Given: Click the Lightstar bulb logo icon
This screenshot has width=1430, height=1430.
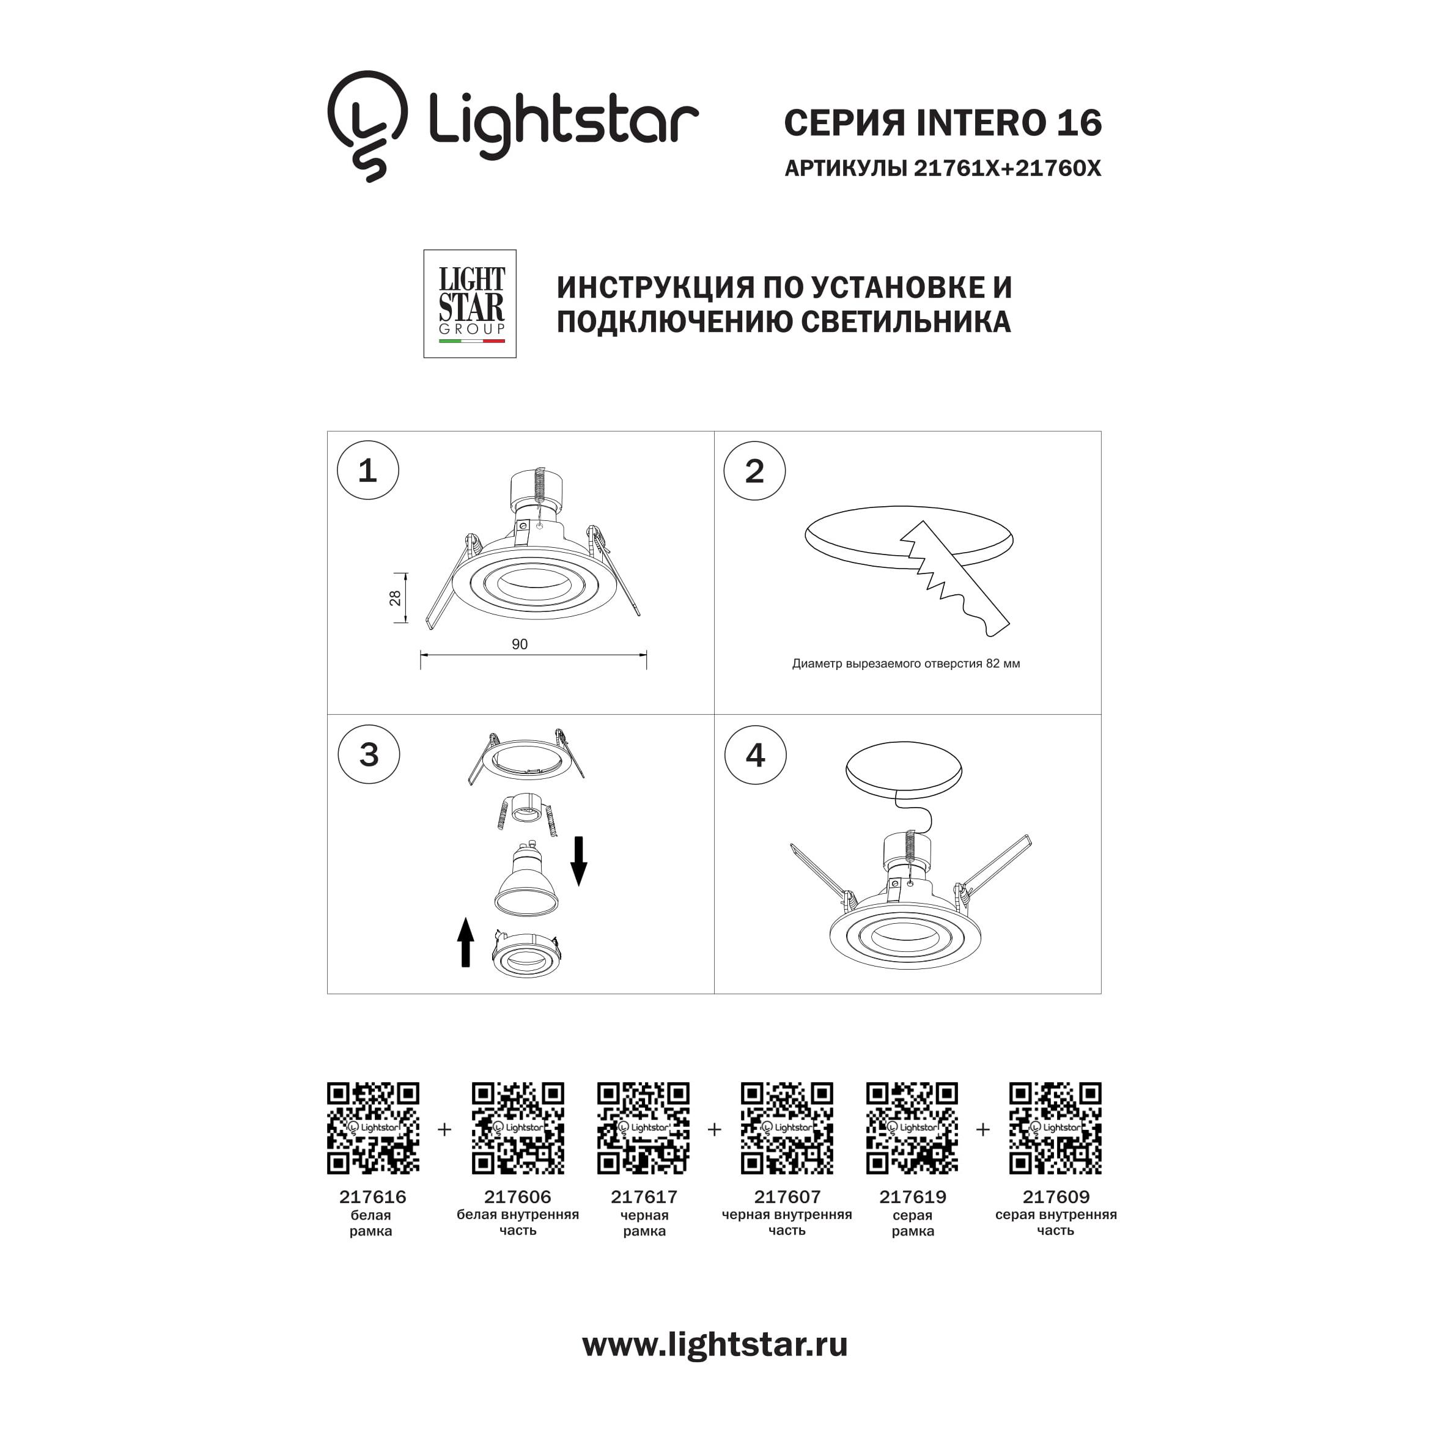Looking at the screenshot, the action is [x=368, y=126].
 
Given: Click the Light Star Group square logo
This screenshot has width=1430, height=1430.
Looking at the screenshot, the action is [x=470, y=303].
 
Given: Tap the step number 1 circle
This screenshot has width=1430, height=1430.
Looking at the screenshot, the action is [x=368, y=471].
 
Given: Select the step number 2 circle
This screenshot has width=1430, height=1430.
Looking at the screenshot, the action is [x=754, y=471].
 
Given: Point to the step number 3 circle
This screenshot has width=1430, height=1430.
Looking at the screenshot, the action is [x=369, y=754].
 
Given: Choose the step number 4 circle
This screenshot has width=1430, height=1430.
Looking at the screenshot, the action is [x=755, y=754].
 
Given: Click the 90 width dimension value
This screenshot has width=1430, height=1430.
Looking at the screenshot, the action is [x=520, y=644].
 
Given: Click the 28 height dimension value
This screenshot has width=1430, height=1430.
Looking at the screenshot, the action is [x=395, y=598].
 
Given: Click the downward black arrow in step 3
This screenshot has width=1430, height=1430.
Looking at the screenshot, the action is [x=579, y=861].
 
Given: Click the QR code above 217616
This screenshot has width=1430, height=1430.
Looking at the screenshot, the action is [x=373, y=1128].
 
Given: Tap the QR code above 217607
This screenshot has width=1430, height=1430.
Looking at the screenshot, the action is [x=787, y=1128].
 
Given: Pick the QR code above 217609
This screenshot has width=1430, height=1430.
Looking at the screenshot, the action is [x=1055, y=1128].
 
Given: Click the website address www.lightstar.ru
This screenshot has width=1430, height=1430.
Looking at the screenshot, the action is [x=715, y=1344].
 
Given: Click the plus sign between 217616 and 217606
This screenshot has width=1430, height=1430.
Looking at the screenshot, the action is [x=444, y=1129].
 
